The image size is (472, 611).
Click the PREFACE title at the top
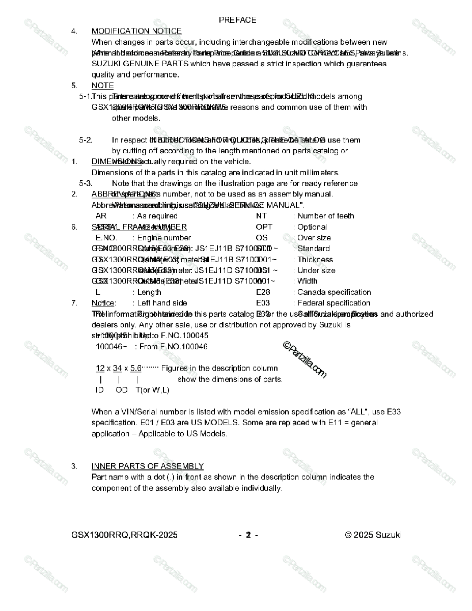(x=237, y=20)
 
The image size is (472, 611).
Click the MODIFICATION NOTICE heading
(x=136, y=31)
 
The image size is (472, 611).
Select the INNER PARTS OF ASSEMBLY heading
(x=147, y=466)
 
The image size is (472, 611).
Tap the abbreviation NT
(x=261, y=216)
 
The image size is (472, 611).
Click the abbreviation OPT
(x=264, y=227)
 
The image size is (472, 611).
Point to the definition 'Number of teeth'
(x=325, y=216)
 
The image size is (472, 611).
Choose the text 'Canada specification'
(x=334, y=292)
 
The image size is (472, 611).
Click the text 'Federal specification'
(x=334, y=303)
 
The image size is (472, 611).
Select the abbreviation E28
(x=263, y=292)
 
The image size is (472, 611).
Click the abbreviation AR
(x=101, y=216)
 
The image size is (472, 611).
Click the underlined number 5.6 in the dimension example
(x=135, y=368)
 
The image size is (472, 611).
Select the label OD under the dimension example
(x=121, y=390)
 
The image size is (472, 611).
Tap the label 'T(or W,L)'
(x=152, y=390)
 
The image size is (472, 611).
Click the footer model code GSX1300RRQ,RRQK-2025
(x=124, y=535)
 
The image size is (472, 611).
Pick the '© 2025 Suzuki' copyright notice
(x=373, y=535)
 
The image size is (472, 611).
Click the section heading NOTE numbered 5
(x=102, y=86)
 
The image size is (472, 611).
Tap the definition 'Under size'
(x=316, y=270)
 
